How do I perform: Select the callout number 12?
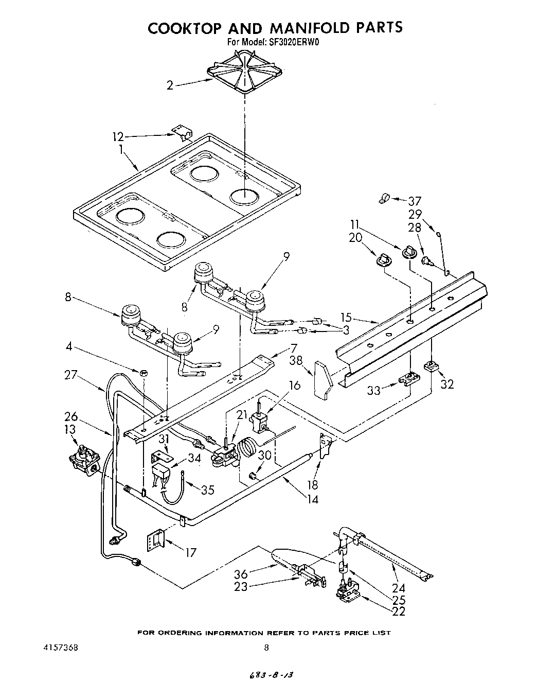[x=118, y=136]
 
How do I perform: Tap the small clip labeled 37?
[x=384, y=198]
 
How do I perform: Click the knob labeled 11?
[x=408, y=252]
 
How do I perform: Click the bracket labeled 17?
[x=155, y=540]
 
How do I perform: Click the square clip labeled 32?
[x=430, y=366]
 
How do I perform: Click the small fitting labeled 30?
[x=252, y=475]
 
